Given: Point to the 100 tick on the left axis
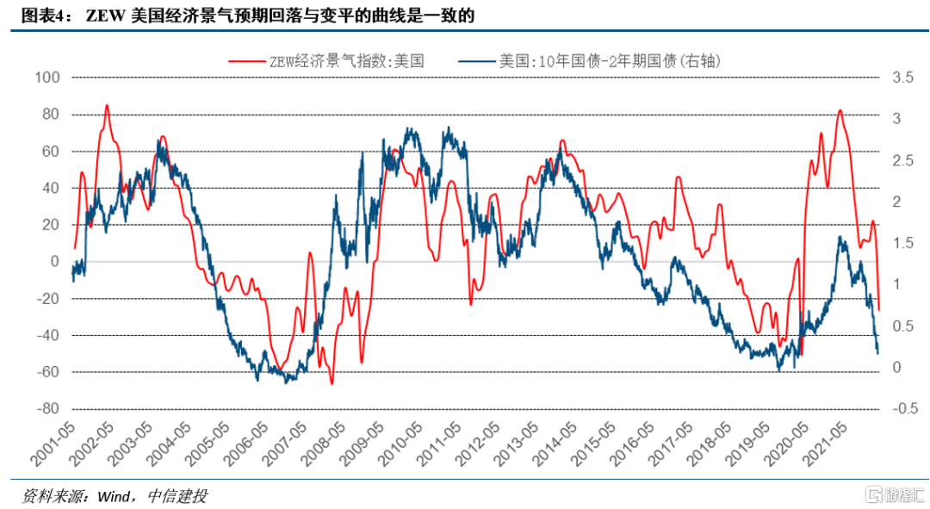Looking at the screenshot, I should click(47, 78).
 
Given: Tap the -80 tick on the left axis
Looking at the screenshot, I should click(47, 408).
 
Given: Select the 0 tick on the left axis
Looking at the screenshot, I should click(54, 261).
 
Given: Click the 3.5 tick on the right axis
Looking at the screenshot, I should click(902, 78).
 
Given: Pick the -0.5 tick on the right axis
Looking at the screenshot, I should click(904, 408).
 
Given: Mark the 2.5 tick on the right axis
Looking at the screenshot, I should click(902, 160).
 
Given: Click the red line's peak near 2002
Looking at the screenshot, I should click(107, 105).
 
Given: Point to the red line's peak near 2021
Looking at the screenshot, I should click(840, 110).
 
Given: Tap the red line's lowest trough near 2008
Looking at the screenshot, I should click(332, 383).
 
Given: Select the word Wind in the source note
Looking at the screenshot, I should click(115, 496).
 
